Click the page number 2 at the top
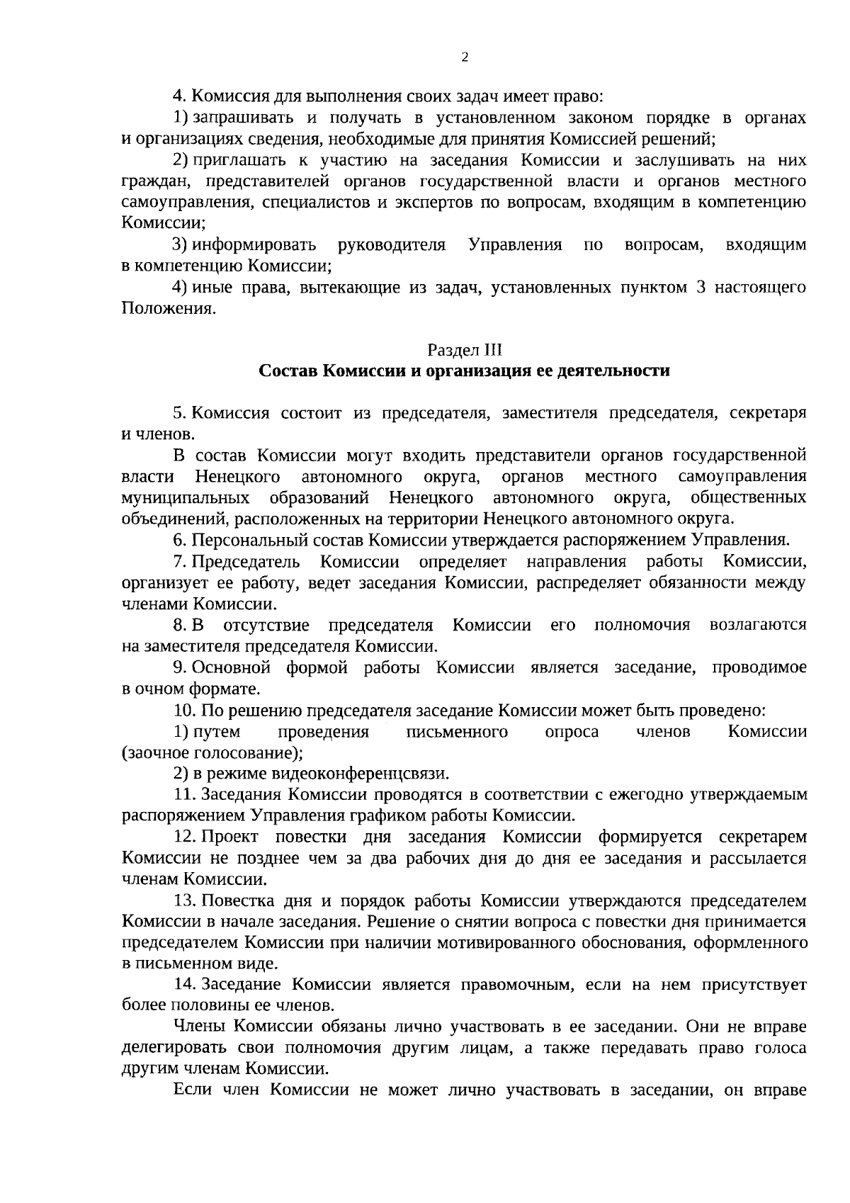coord(465,58)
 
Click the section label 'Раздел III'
coord(465,350)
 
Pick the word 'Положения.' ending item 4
coord(168,309)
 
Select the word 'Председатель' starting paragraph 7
coord(246,562)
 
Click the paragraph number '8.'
coord(180,626)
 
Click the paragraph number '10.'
coord(183,711)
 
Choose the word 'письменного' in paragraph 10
coord(457,732)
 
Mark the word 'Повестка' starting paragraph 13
coord(236,901)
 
